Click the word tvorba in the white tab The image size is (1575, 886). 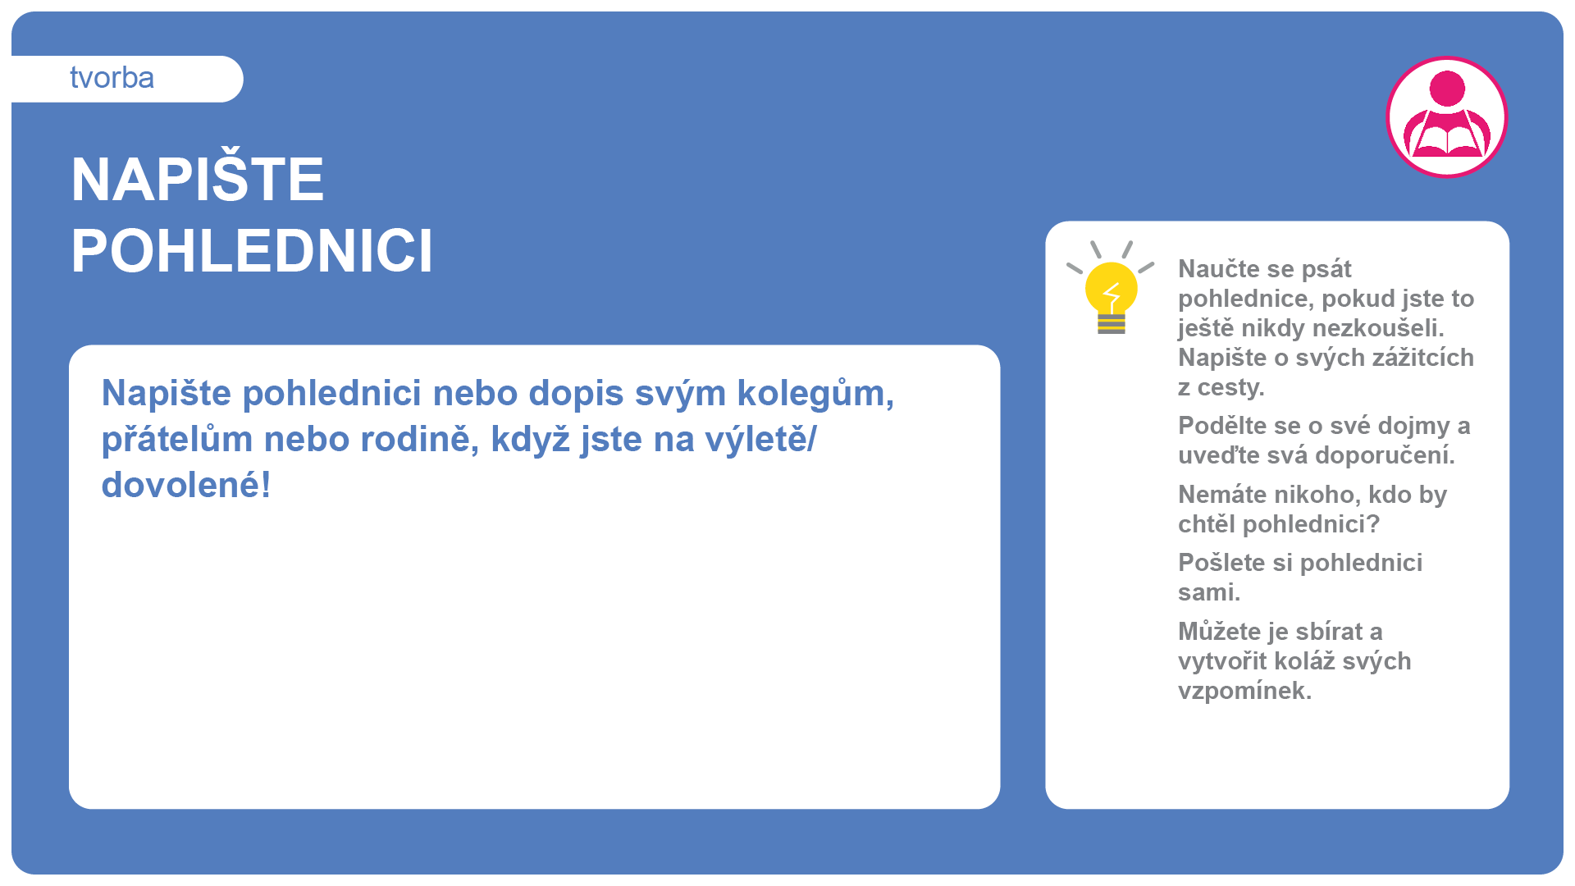(x=112, y=78)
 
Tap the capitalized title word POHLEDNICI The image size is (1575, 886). (x=252, y=250)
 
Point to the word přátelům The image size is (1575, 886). (x=177, y=439)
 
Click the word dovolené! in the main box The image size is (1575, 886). (x=186, y=485)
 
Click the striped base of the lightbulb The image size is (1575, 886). (x=1112, y=324)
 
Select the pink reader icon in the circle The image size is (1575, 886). (x=1447, y=116)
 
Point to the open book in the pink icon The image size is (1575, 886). (x=1447, y=140)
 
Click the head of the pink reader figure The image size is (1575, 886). (x=1447, y=88)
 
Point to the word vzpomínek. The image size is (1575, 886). (x=1245, y=691)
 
